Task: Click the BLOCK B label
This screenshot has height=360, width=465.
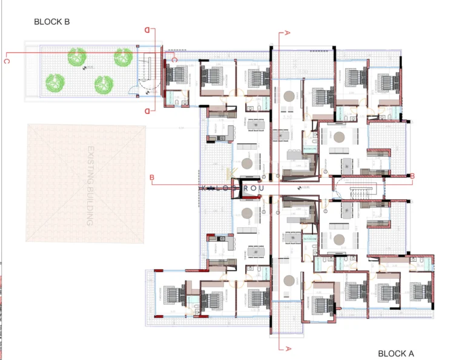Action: (52, 22)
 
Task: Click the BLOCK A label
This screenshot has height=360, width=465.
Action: (396, 353)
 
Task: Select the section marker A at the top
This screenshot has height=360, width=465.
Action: (287, 33)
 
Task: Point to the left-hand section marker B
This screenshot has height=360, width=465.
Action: (153, 177)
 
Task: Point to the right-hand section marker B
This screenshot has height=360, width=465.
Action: (412, 176)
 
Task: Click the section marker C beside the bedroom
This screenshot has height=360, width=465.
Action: (174, 59)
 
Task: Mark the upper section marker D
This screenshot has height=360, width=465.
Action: (147, 29)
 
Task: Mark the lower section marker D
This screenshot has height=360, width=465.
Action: (147, 111)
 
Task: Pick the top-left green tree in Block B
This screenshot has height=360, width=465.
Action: (77, 58)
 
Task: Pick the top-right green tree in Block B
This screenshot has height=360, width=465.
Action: (123, 58)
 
